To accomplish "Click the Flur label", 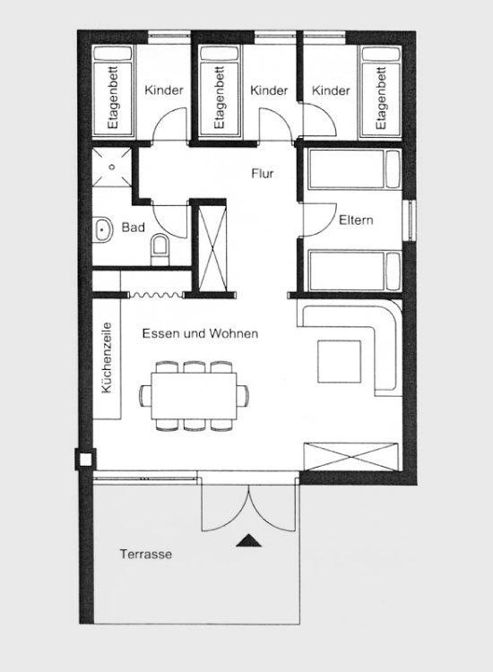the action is tap(263, 174).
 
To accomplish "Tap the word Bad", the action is tap(133, 228).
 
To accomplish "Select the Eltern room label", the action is tap(356, 220).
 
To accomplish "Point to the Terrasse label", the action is tap(146, 554).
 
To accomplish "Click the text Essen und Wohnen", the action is tap(200, 333).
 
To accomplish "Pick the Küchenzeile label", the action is tap(106, 358).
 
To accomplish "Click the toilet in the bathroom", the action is tap(160, 249).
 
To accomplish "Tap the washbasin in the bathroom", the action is tap(102, 229).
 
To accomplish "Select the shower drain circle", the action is tap(112, 168).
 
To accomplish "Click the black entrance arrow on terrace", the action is tap(248, 541).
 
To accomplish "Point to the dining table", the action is tap(194, 395).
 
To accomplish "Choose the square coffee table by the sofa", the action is tap(339, 361).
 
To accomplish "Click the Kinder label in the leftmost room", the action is tap(164, 90).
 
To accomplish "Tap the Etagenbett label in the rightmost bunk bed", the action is tap(381, 99).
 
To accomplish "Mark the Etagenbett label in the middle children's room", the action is tap(220, 98).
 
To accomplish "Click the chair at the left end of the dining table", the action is tap(145, 395).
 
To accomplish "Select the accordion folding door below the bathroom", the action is tap(157, 295).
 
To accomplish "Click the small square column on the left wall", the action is tap(86, 460).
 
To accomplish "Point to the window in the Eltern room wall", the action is tap(411, 220).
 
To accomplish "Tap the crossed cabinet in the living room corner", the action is tap(350, 457).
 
